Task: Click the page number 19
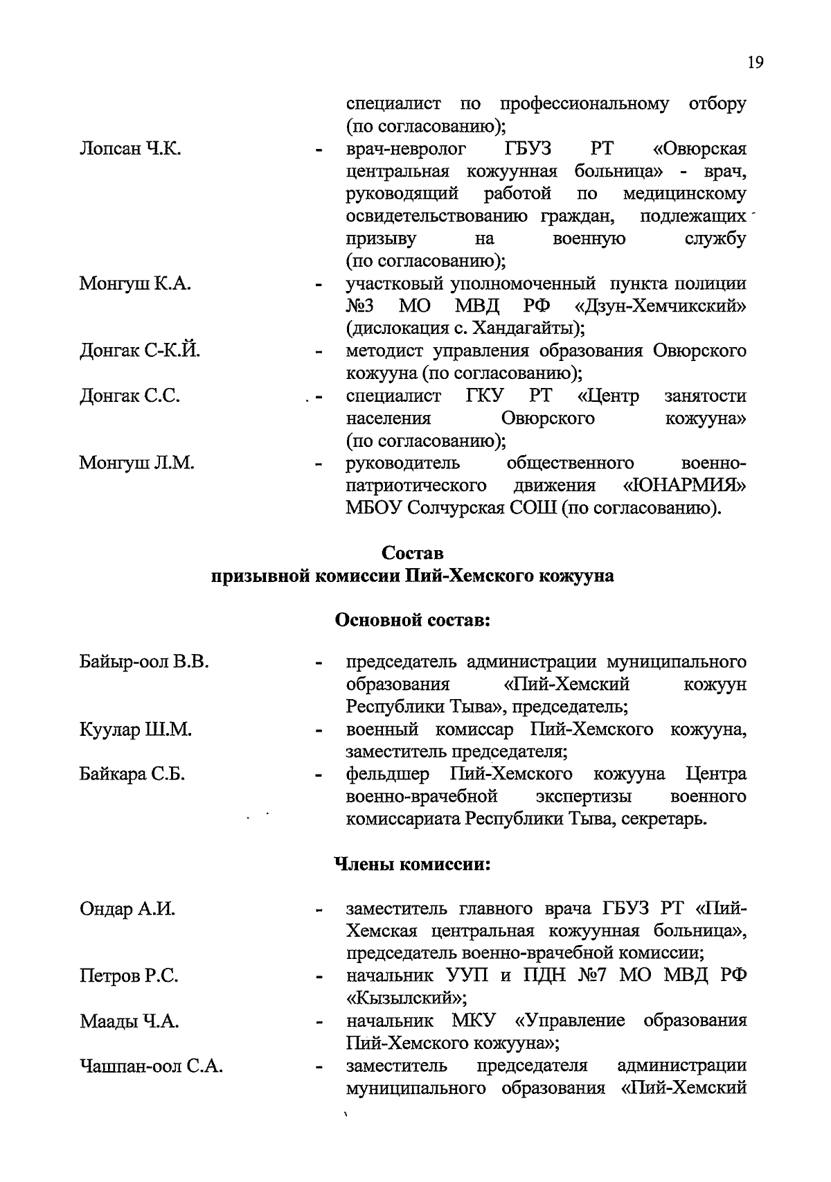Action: coord(755,63)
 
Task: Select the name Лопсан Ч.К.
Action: coord(130,149)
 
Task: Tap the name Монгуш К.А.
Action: coord(135,284)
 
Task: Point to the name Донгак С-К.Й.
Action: coord(140,351)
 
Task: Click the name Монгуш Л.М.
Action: coord(136,463)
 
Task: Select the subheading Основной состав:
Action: coord(413,620)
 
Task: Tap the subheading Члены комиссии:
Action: coord(413,865)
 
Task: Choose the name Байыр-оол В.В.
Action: coord(144,662)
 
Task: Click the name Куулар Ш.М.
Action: coord(135,730)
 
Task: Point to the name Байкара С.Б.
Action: coord(132,775)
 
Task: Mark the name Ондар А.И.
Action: coord(127,909)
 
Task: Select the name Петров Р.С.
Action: coord(129,976)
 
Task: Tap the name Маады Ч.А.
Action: coord(129,1021)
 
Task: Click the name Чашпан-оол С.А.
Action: coord(151,1066)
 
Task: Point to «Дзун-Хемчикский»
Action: coord(661,306)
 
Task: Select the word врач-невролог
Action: coord(406,149)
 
